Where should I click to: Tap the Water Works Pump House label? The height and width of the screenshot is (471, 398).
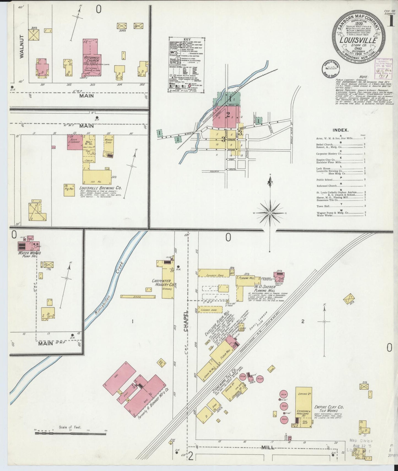click(x=29, y=254)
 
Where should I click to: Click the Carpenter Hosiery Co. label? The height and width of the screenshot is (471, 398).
click(x=163, y=283)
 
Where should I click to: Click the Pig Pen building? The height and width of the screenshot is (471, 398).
click(x=69, y=190)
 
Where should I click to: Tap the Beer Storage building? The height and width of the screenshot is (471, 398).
click(x=75, y=142)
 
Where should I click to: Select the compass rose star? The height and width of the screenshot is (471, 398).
click(x=270, y=213)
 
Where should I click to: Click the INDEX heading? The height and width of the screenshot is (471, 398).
click(x=340, y=130)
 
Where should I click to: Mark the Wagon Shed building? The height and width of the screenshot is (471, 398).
click(x=108, y=142)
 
